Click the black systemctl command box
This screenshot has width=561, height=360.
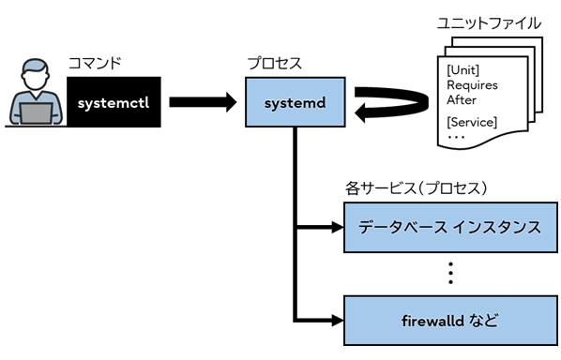tap(114, 102)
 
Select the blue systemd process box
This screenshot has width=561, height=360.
tap(296, 102)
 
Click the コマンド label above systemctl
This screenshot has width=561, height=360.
tap(95, 64)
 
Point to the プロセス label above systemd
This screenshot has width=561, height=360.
tap(274, 64)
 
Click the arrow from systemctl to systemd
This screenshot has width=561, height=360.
tap(201, 102)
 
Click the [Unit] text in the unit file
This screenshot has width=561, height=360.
tap(463, 71)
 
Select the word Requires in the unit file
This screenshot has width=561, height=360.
tap(472, 86)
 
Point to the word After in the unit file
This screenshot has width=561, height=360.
tap(462, 101)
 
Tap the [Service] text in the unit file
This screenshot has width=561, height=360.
tap(472, 122)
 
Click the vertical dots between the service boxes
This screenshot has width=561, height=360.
tap(449, 274)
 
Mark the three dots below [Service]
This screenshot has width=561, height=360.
tap(460, 137)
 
